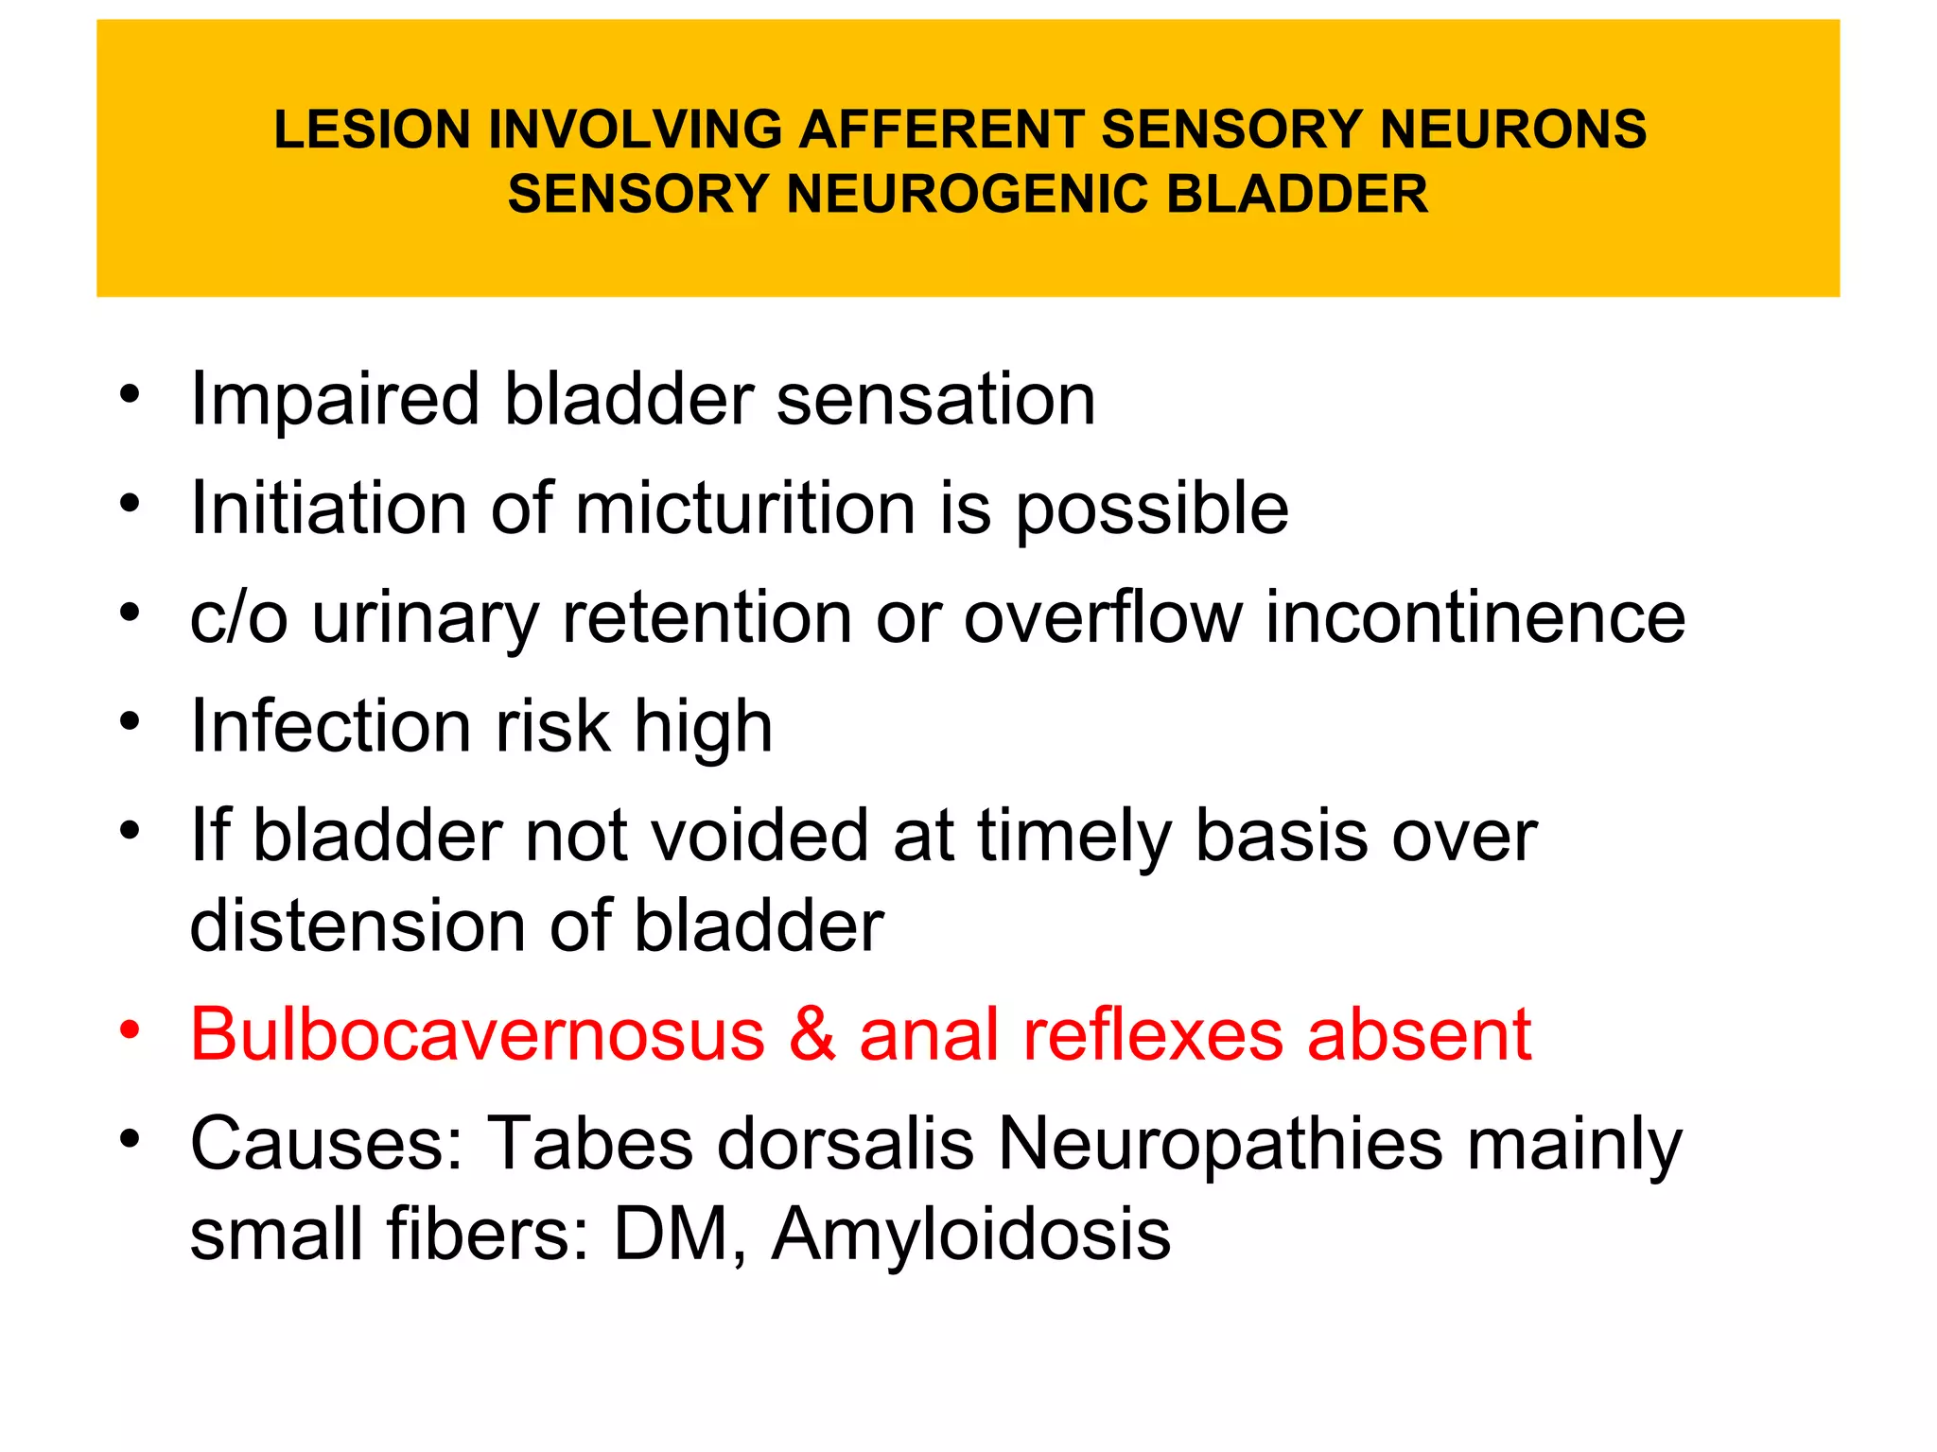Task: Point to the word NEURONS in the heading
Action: coord(1512,130)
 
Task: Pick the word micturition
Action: coord(745,509)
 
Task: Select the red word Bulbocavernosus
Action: coord(478,1034)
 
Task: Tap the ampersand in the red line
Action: coord(811,1034)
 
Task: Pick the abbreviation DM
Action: coord(672,1234)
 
